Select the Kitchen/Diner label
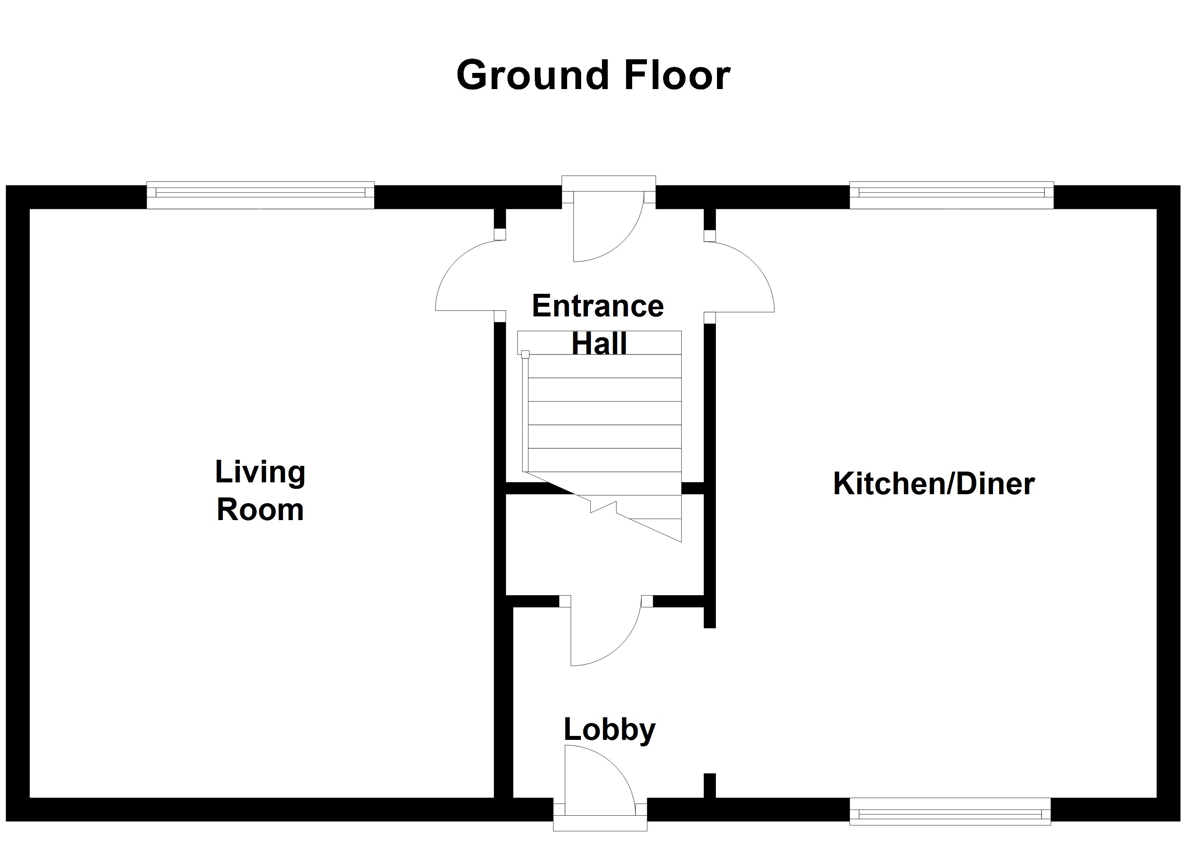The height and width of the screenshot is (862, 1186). tap(934, 483)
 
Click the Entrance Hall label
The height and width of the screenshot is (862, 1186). tap(598, 324)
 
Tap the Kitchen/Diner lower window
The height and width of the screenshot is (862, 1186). tap(950, 811)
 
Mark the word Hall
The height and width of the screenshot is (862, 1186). tap(599, 343)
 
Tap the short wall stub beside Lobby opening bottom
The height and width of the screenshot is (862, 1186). tap(709, 785)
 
